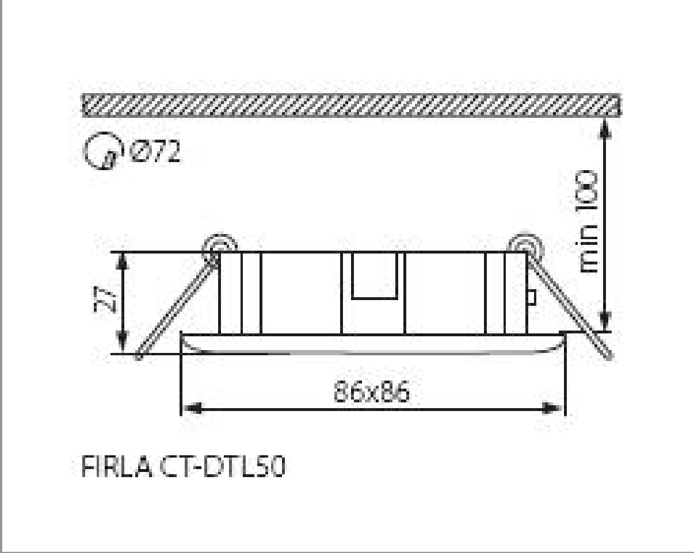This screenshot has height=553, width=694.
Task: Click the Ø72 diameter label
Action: tap(155, 151)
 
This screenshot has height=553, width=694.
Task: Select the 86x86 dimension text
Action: tap(372, 391)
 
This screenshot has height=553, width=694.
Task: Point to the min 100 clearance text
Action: tap(588, 222)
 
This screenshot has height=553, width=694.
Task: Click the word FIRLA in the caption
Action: tap(116, 467)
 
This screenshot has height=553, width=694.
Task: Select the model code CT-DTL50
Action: tap(222, 467)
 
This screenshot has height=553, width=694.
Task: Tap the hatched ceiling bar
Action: tap(351, 105)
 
